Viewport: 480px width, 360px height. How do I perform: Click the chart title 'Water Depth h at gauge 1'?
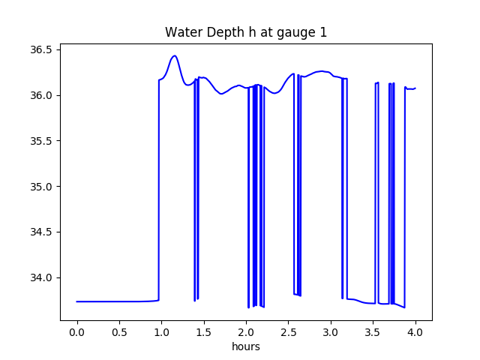246,32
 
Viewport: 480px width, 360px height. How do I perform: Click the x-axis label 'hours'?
246,347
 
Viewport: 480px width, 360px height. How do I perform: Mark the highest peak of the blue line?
175,55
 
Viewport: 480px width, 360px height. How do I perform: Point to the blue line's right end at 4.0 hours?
415,88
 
